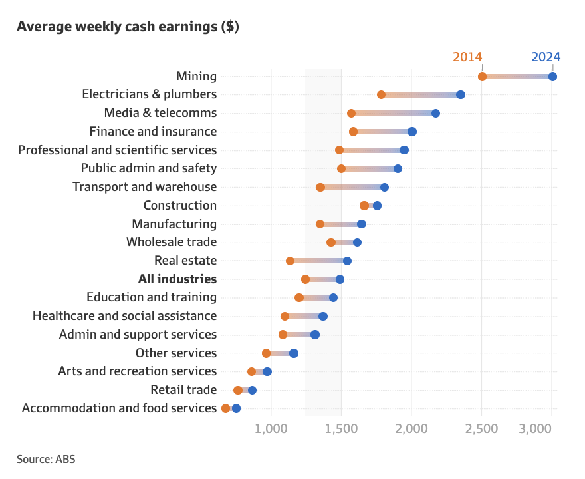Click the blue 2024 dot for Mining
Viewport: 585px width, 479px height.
tap(552, 77)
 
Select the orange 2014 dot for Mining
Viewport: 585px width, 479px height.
tap(482, 77)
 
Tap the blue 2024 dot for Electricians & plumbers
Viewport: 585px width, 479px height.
tap(461, 94)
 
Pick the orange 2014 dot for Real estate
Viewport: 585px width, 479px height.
tap(290, 261)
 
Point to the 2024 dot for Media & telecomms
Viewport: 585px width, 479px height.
tap(435, 113)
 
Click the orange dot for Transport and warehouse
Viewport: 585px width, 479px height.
tap(320, 187)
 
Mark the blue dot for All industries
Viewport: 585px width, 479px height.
tap(340, 279)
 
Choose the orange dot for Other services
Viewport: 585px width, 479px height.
tap(266, 353)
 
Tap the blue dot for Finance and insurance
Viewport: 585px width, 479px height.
tap(412, 132)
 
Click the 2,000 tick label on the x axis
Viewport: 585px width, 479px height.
tap(411, 428)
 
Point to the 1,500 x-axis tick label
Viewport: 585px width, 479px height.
tap(341, 428)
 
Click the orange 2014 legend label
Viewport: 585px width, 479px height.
tap(467, 57)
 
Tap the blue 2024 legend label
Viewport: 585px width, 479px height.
tap(546, 57)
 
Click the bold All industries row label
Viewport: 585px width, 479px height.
tap(177, 279)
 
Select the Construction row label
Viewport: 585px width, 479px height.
tap(180, 206)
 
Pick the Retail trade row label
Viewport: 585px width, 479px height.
tap(183, 390)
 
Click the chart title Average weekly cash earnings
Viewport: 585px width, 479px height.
tap(128, 27)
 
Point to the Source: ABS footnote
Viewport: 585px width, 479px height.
tap(46, 459)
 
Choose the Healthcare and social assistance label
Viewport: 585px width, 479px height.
tap(124, 316)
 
